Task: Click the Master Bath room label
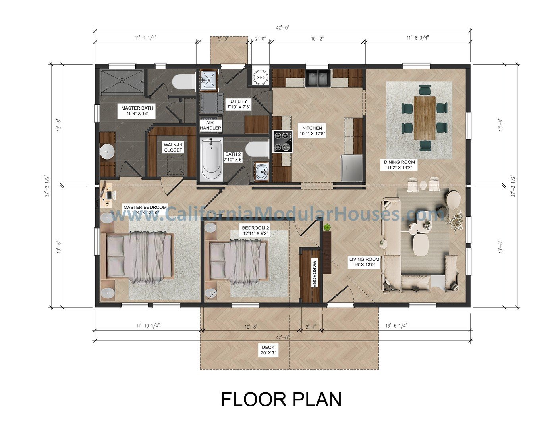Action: coord(137,110)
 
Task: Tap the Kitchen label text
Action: coord(312,131)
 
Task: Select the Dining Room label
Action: coord(399,165)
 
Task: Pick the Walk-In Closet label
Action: coord(173,148)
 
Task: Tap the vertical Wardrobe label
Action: coord(314,273)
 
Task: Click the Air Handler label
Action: coord(210,125)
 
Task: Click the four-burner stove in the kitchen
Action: coord(283,141)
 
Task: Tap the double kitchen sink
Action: coord(319,78)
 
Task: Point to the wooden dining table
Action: coord(425,118)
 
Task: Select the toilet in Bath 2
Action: coord(257,149)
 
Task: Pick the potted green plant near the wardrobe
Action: coord(327,227)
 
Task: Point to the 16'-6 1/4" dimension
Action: coord(396,325)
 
